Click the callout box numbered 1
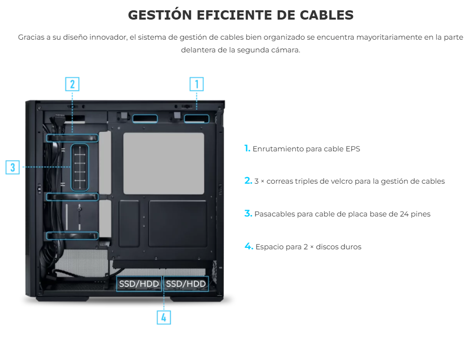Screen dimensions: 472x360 196,84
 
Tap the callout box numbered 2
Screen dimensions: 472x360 72,84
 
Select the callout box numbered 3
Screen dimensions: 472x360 13,167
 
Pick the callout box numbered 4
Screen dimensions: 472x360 164,317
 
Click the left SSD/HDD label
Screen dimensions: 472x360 139,284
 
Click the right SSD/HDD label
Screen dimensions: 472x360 186,284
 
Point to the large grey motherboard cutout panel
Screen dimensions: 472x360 164,164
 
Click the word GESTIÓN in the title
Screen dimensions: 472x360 160,15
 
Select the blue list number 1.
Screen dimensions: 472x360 247,148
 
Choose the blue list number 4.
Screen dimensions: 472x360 249,246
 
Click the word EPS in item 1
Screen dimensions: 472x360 353,149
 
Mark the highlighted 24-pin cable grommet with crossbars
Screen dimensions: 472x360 80,168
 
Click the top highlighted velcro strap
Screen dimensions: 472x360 72,138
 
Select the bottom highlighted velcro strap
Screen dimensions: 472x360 72,236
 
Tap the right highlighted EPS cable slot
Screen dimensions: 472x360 196,119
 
